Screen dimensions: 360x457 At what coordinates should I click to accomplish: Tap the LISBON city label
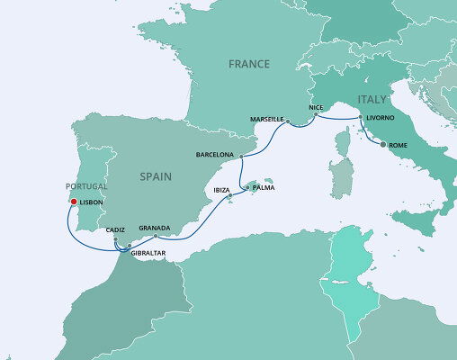click(x=92, y=202)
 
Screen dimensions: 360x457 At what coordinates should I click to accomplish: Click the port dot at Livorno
click(x=361, y=118)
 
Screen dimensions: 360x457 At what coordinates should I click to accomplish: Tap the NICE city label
click(x=314, y=107)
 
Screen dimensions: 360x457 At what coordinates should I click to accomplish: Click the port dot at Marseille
click(x=289, y=120)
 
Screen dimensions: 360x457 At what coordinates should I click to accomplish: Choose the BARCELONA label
click(x=214, y=155)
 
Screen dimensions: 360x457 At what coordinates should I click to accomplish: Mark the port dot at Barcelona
click(x=241, y=155)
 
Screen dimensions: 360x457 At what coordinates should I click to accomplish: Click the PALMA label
click(x=263, y=188)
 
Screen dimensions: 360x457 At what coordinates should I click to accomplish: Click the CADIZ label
click(x=115, y=230)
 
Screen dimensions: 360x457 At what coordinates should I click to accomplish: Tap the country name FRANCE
click(x=249, y=65)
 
